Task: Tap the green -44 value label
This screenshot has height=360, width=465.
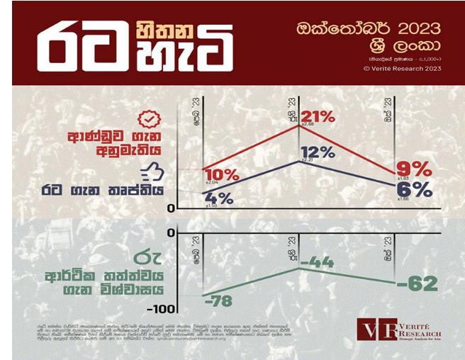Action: [x=317, y=263]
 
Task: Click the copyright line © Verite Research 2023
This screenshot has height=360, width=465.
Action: [x=402, y=68]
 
